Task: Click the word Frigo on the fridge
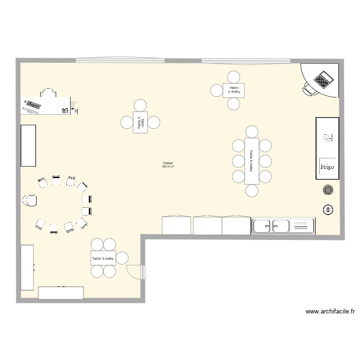pyautogui.click(x=327, y=167)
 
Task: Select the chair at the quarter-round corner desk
pyautogui.click(x=308, y=87)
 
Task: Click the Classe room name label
pyautogui.click(x=168, y=163)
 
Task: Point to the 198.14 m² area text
pyautogui.click(x=168, y=167)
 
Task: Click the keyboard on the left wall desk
pyautogui.click(x=33, y=104)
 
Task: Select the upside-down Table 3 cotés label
pyautogui.click(x=234, y=90)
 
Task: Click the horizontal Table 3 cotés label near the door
pyautogui.click(x=103, y=258)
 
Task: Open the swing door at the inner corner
pyautogui.click(x=135, y=272)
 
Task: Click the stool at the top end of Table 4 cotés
pyautogui.click(x=252, y=131)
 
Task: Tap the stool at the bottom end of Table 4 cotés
pyautogui.click(x=252, y=191)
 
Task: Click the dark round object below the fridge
pyautogui.click(x=328, y=191)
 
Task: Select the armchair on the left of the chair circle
pyautogui.click(x=29, y=200)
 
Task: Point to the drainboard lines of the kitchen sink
pyautogui.click(x=301, y=226)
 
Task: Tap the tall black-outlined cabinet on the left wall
pyautogui.click(x=28, y=145)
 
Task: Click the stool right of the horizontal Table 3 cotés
pyautogui.click(x=122, y=258)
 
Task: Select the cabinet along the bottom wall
pyautogui.click(x=61, y=293)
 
